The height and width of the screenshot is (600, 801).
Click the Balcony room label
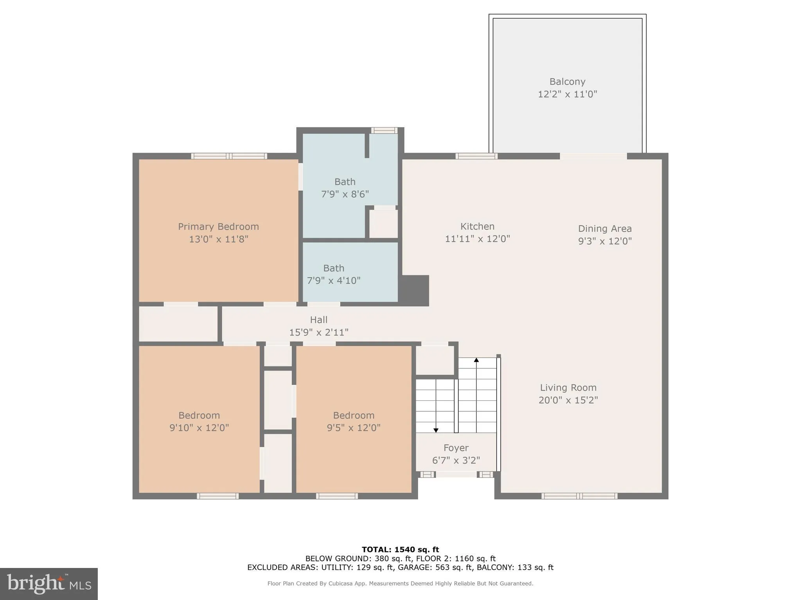pyautogui.click(x=567, y=82)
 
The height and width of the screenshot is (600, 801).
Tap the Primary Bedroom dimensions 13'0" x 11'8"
pyautogui.click(x=219, y=239)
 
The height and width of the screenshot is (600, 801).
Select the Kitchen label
pyautogui.click(x=477, y=227)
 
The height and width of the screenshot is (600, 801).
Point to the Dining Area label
pyautogui.click(x=605, y=229)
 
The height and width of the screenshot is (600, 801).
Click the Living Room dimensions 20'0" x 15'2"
pyautogui.click(x=568, y=400)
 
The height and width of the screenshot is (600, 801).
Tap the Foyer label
pyautogui.click(x=456, y=448)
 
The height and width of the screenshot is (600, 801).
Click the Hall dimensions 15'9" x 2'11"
pyautogui.click(x=318, y=332)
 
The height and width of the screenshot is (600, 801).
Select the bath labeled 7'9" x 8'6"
pyautogui.click(x=345, y=188)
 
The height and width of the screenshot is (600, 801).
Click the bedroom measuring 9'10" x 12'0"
pyautogui.click(x=199, y=421)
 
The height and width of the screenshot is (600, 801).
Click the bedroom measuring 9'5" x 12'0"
pyautogui.click(x=354, y=421)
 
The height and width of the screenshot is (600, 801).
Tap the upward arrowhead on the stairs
pyautogui.click(x=476, y=360)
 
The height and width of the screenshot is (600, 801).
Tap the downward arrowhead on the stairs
pyautogui.click(x=436, y=430)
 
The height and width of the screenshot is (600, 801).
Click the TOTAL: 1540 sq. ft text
pyautogui.click(x=400, y=550)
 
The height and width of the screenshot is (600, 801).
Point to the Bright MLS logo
pyautogui.click(x=49, y=584)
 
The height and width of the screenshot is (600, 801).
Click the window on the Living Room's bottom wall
pyautogui.click(x=579, y=496)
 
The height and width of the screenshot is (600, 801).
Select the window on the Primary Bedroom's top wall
pyautogui.click(x=229, y=156)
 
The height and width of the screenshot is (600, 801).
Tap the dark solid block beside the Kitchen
pyautogui.click(x=415, y=290)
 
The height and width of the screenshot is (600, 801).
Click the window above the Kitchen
pyautogui.click(x=476, y=156)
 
